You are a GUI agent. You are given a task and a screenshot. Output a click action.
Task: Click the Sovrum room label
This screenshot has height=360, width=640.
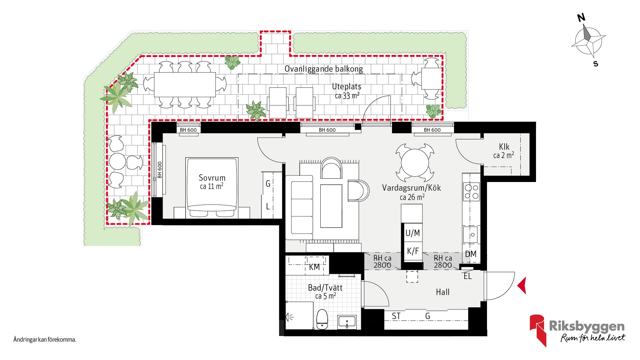click(x=212, y=178)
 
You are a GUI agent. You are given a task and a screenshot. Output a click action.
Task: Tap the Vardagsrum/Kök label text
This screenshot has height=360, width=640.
click(x=411, y=188)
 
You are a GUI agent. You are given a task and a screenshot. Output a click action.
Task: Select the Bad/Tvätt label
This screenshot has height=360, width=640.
click(x=325, y=288)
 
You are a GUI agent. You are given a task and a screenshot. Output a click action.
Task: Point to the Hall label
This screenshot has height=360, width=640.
click(x=443, y=292)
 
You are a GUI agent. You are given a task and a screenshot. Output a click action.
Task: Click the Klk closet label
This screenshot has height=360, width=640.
click(x=504, y=147)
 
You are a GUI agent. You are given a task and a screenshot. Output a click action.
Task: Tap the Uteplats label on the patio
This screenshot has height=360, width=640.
click(x=347, y=87)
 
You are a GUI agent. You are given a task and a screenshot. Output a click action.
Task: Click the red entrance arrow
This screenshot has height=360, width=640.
click(x=522, y=286)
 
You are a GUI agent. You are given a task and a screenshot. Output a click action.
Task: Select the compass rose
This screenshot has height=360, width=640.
click(x=588, y=41)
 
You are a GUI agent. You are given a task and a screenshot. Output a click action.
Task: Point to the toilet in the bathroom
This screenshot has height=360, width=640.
click(x=322, y=319)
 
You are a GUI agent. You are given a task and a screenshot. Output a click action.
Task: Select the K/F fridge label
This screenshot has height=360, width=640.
click(x=413, y=251)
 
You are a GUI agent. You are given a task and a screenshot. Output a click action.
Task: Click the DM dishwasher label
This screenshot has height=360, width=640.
click(x=471, y=254)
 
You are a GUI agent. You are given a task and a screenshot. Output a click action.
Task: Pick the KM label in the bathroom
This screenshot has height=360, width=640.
click(x=314, y=267)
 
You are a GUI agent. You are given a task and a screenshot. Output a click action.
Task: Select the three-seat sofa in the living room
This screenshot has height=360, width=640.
click(x=299, y=207)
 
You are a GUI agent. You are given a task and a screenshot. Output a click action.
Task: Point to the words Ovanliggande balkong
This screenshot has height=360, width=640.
click(x=324, y=69)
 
